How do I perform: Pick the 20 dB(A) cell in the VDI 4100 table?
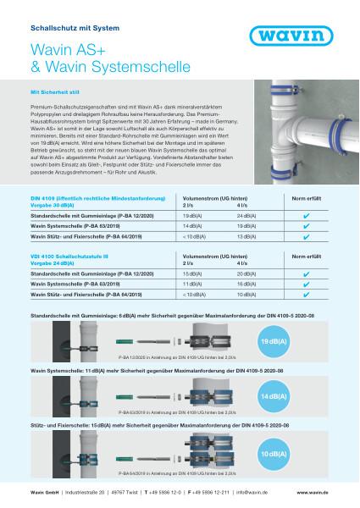click(225, 276)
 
